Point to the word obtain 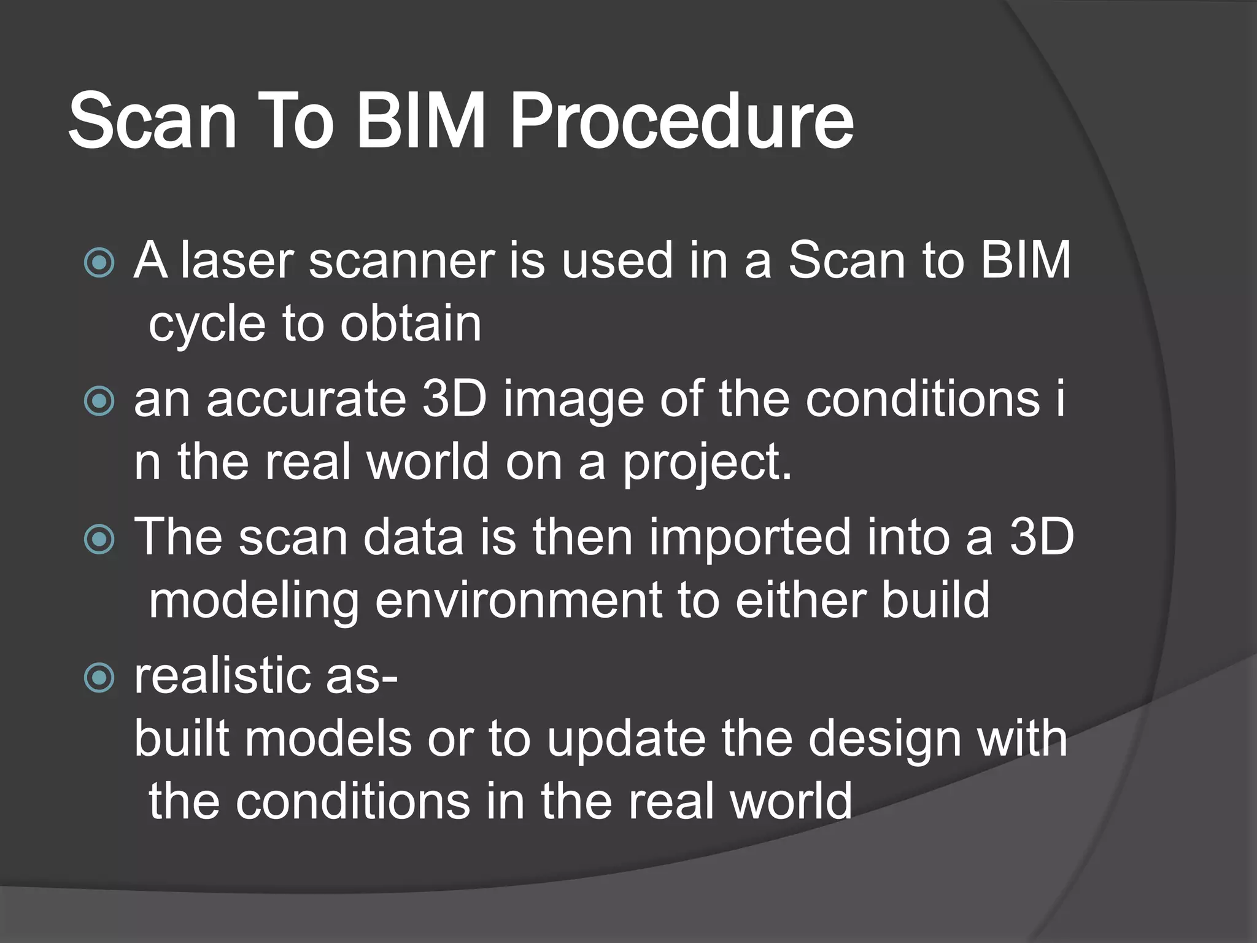coord(411,324)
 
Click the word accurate coord(306,400)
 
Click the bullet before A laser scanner coord(99,263)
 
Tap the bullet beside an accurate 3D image coord(99,402)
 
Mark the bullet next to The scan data coord(99,540)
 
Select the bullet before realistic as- coord(99,678)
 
